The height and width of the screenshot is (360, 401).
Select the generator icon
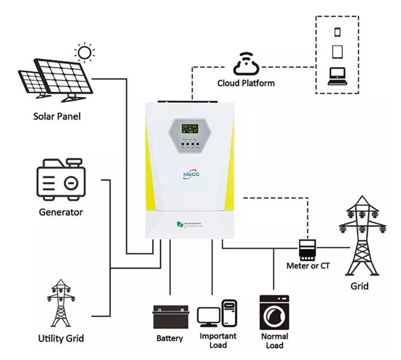61,179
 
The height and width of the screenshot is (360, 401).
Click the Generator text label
61,212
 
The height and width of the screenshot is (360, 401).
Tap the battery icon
171,316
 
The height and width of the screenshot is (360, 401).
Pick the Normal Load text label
274,341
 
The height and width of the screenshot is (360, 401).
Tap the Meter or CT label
308,266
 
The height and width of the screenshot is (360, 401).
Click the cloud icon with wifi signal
246,63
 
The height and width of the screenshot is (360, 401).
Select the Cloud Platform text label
246,83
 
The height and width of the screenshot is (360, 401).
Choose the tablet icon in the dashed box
337,52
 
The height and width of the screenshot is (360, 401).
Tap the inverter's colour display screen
190,130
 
